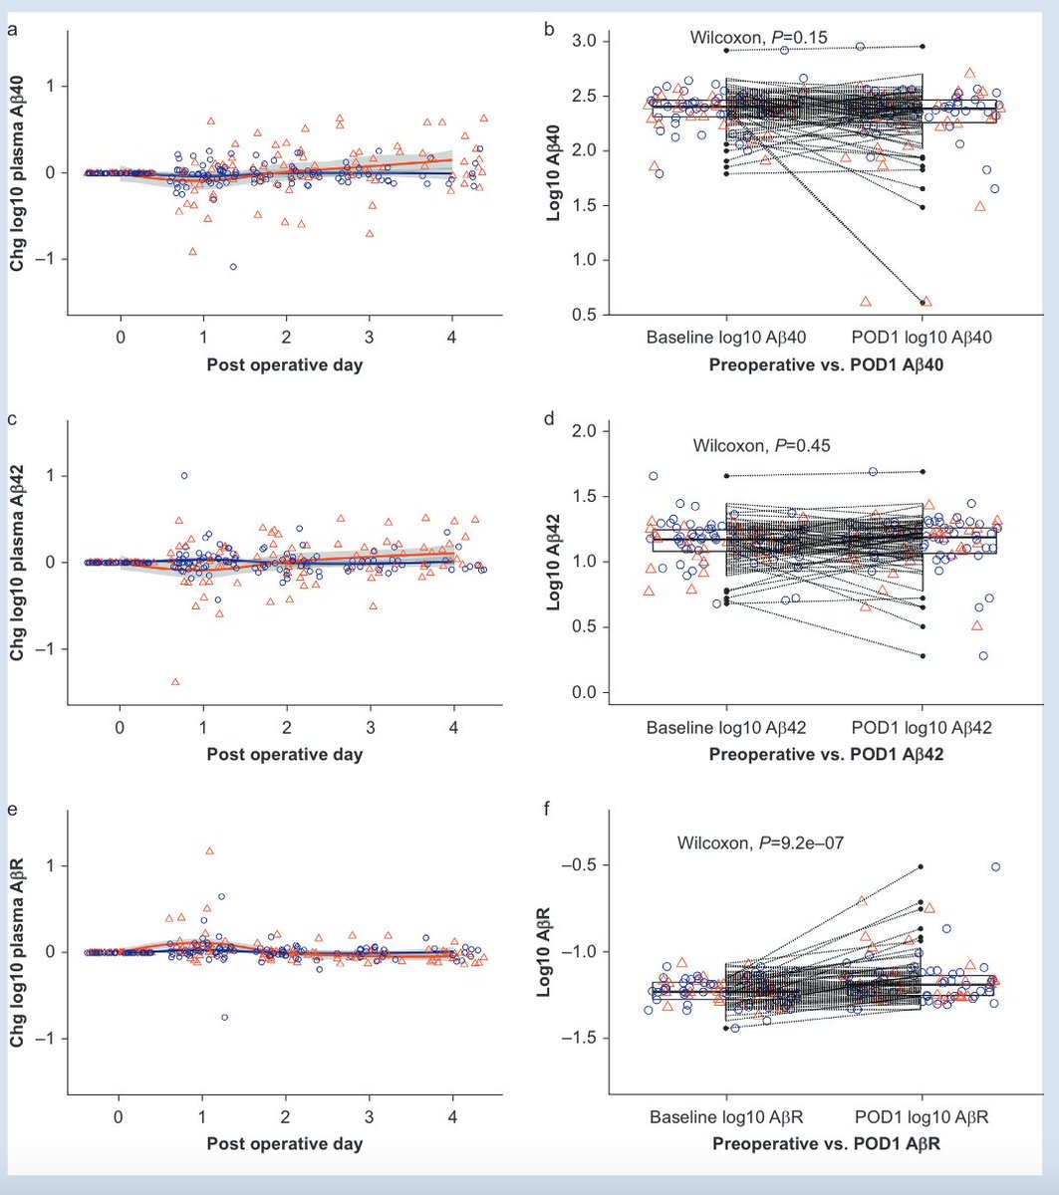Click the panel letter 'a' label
point(12,29)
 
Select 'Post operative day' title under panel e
point(284,1143)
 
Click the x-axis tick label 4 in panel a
point(452,337)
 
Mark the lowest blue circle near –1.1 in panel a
point(233,267)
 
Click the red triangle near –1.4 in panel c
point(175,682)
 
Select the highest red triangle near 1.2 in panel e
point(209,851)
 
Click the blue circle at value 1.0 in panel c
point(184,476)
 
